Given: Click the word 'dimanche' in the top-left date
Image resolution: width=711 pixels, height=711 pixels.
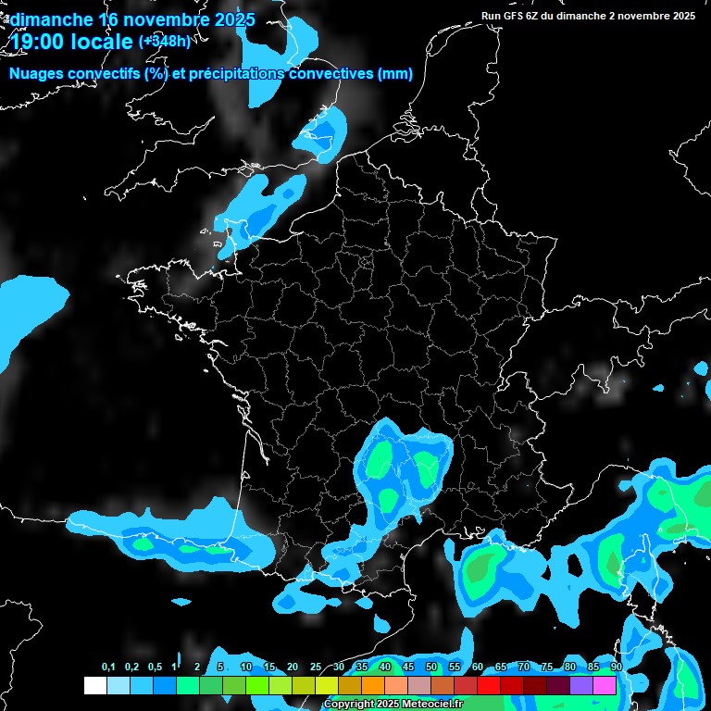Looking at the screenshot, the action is click(51, 19).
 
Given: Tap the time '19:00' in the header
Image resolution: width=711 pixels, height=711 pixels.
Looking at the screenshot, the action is click(40, 41).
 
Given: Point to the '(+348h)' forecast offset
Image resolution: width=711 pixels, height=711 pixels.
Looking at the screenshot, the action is click(164, 41).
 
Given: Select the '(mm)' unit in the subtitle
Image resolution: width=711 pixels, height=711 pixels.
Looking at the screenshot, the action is click(395, 74).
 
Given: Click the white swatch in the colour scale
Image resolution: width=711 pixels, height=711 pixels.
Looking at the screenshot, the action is click(94, 686).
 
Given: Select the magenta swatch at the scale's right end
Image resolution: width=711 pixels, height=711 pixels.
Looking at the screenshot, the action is click(605, 686).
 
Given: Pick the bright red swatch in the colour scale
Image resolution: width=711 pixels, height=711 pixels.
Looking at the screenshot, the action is click(489, 686).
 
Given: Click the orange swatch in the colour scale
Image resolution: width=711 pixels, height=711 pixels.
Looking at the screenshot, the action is click(373, 686).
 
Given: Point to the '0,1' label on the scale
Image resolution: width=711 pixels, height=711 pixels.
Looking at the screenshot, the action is click(108, 667).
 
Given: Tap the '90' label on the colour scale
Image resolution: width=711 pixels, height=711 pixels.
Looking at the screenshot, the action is click(616, 667).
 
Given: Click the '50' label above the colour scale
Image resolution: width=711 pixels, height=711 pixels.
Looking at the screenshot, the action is click(431, 667).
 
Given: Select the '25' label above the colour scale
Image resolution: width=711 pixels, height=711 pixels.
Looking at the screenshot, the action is click(316, 667).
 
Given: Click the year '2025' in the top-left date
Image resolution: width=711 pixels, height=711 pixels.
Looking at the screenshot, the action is click(233, 19).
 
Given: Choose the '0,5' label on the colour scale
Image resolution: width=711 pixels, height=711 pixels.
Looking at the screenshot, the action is click(154, 667).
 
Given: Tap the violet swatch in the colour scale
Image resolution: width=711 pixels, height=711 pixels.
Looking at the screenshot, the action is click(581, 686).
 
